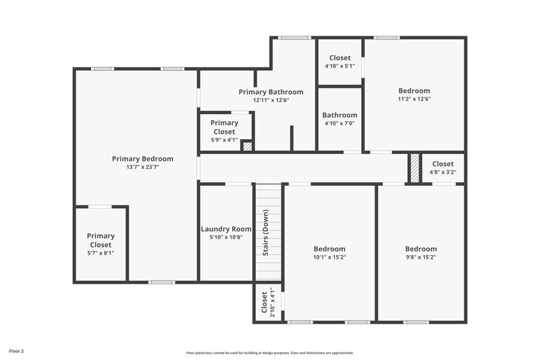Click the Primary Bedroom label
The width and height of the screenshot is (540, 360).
(142, 159)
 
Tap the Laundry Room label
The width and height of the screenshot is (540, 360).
(226, 229)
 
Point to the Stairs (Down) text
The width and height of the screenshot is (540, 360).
(266, 233)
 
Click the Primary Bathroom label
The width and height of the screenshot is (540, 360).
(271, 92)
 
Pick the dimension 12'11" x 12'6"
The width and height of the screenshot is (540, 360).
(271, 100)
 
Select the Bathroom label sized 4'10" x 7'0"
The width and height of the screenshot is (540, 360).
(339, 115)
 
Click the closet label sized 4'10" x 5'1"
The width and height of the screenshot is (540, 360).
(340, 58)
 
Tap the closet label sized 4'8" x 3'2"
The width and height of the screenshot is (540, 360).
(443, 163)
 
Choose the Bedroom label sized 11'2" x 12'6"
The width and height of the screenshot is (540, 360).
(414, 91)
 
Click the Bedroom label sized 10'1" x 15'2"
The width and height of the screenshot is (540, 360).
(329, 249)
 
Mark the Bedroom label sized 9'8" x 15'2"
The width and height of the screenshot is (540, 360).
(421, 249)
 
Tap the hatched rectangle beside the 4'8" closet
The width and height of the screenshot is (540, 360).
(414, 168)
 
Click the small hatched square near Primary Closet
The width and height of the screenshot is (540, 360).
(247, 145)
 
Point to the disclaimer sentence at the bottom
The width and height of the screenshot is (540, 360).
(270, 353)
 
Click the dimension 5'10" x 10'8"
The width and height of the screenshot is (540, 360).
(226, 237)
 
